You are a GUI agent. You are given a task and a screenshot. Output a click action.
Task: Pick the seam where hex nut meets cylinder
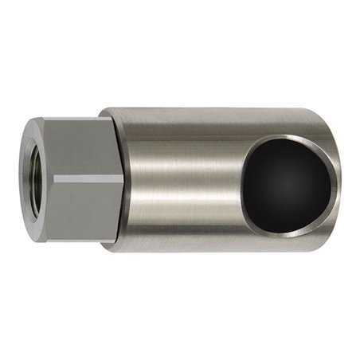click(121, 179)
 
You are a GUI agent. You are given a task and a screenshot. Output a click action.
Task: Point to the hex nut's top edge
click(80, 119)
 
